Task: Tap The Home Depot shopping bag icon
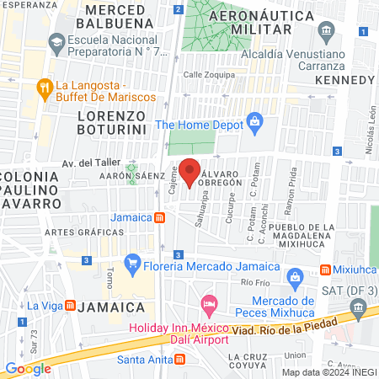(254, 124)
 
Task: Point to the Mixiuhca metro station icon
(324, 270)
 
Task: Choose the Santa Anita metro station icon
(179, 359)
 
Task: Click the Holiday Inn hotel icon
(209, 302)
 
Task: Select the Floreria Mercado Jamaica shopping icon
(131, 264)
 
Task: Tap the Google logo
(28, 368)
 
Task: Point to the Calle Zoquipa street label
(207, 75)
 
